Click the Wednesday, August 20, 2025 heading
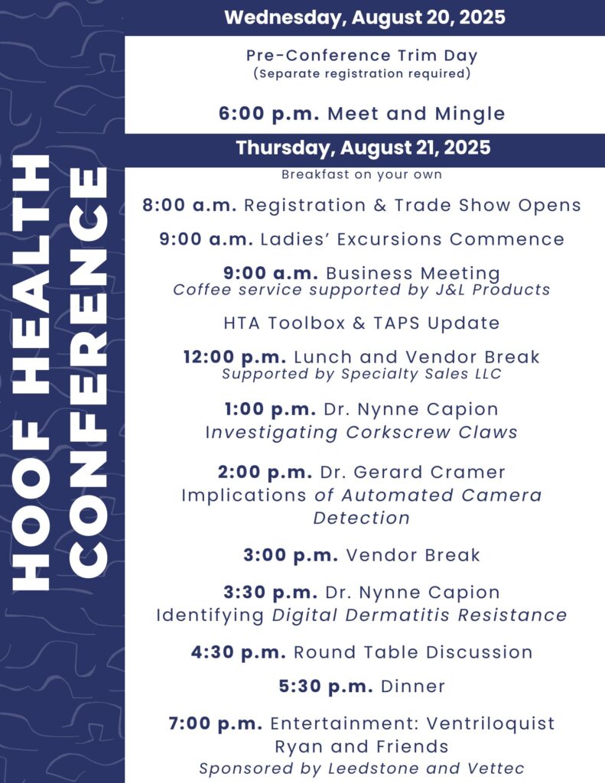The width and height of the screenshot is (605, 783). point(365,18)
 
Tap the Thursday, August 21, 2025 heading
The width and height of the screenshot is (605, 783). point(363,148)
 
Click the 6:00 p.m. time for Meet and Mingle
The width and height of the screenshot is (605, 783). point(268,114)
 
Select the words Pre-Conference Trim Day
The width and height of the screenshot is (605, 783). point(362,55)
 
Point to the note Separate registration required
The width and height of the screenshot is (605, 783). point(362,73)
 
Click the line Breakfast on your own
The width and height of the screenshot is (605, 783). point(362,174)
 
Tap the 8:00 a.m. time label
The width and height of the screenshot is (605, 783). point(190,205)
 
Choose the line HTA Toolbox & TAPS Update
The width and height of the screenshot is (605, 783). point(362,323)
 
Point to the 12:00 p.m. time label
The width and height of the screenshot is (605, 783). point(235,358)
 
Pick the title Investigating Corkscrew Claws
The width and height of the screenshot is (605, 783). point(362,433)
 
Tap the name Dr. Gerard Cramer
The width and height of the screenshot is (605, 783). point(413,472)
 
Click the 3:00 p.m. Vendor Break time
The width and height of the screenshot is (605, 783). point(291,555)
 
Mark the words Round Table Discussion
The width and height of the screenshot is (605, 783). point(413,652)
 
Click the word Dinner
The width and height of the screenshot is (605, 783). point(413,687)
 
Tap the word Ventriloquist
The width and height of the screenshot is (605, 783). point(490,723)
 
